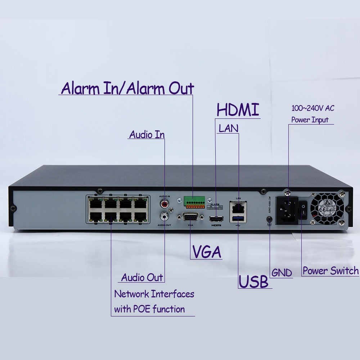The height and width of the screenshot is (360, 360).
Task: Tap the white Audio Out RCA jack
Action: (x=165, y=216)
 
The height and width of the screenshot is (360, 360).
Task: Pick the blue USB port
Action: (x=238, y=219)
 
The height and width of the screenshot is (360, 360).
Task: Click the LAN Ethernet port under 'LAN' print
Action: (x=238, y=207)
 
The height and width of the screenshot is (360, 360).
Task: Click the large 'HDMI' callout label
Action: (x=238, y=110)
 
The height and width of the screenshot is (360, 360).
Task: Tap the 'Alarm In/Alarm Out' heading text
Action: (x=127, y=88)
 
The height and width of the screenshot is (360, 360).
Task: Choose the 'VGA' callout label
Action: (x=207, y=252)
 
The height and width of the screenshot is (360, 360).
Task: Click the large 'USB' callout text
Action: (x=254, y=282)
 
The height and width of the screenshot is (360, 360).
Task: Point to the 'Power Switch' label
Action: (x=330, y=271)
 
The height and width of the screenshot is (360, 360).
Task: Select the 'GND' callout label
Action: (x=282, y=273)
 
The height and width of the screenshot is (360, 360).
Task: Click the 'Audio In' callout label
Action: (x=147, y=135)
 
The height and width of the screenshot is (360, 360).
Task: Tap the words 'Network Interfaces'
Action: (x=154, y=294)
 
